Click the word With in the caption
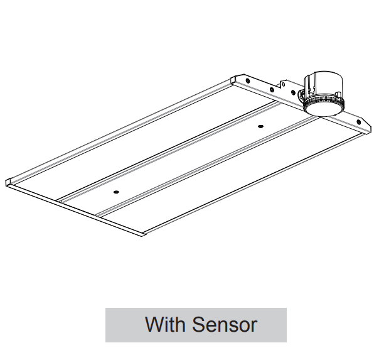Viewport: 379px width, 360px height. (164, 325)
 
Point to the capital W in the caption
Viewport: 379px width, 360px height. (154, 325)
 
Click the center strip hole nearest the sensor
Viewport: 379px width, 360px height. (260, 127)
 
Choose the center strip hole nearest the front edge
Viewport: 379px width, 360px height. (115, 191)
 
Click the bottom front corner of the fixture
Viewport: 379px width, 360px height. (144, 234)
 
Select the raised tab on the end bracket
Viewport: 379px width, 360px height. (284, 85)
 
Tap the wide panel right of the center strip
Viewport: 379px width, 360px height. (238, 176)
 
